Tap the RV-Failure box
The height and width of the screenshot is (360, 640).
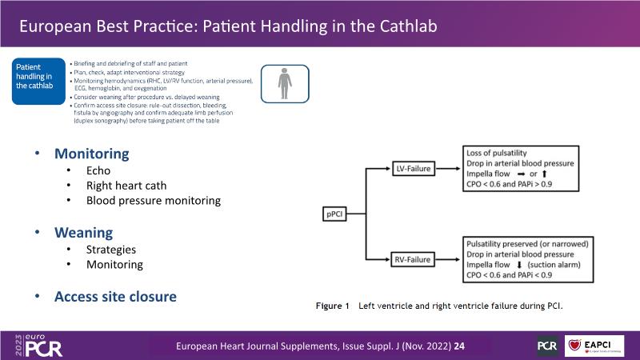pyautogui.click(x=414, y=260)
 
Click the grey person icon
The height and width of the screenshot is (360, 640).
pyautogui.click(x=284, y=83)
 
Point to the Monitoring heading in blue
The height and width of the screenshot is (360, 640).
pyautogui.click(x=91, y=153)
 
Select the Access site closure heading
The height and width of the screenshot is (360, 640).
pyautogui.click(x=115, y=296)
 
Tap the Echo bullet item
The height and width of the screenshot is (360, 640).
pyautogui.click(x=99, y=170)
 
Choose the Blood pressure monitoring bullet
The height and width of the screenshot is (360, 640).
pyautogui.click(x=154, y=201)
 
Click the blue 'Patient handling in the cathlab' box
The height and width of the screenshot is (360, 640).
pyautogui.click(x=38, y=82)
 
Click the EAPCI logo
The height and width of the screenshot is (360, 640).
pyautogui.click(x=594, y=345)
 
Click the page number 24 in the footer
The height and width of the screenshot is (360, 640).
pyautogui.click(x=460, y=346)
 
